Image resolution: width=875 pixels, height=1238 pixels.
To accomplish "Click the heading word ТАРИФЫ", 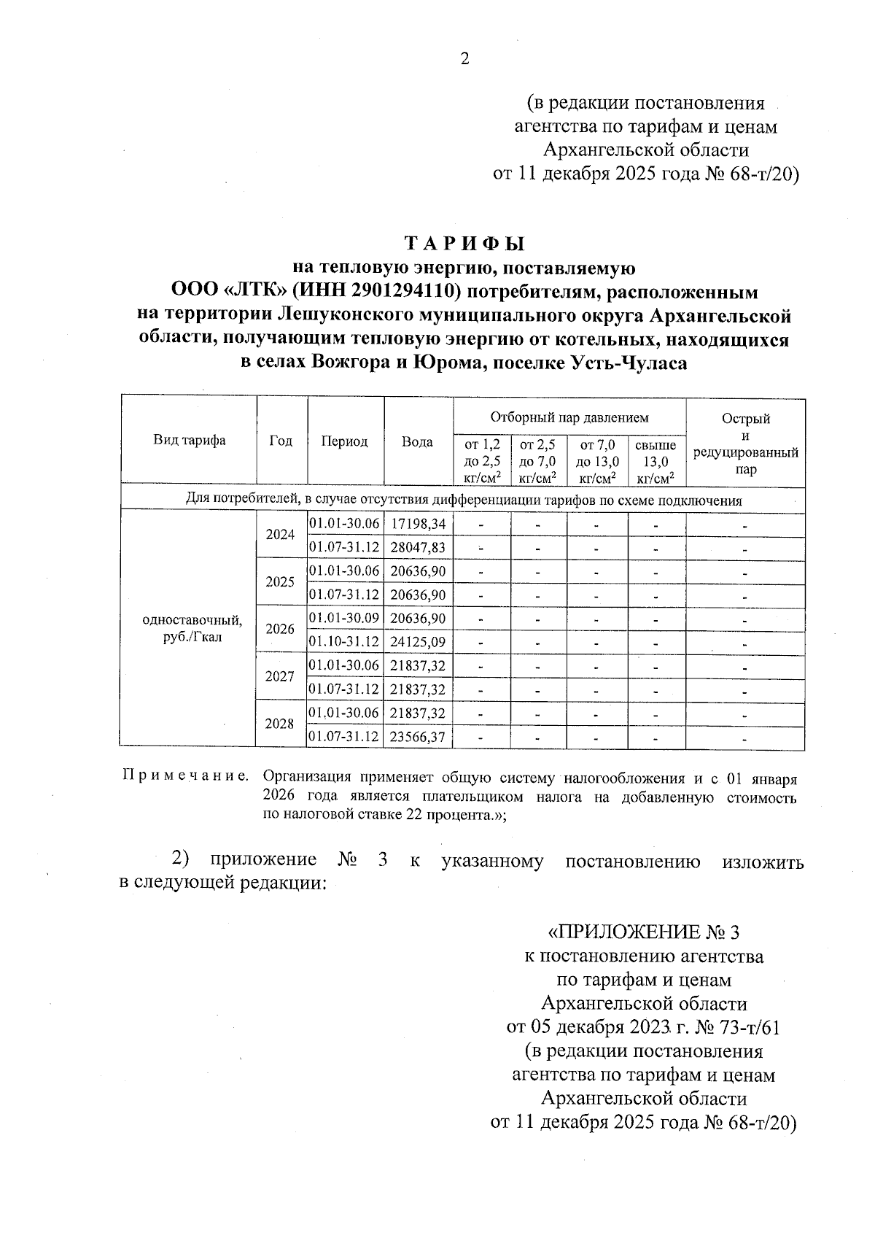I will pyautogui.click(x=464, y=243).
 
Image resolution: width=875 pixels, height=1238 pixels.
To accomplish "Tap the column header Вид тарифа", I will pyautogui.click(x=189, y=440).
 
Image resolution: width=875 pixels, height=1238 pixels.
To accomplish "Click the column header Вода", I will pyautogui.click(x=417, y=441).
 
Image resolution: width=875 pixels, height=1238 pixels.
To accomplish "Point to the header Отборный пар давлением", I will pyautogui.click(x=569, y=417).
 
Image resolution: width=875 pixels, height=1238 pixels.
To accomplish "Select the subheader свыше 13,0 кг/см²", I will pyautogui.click(x=656, y=461).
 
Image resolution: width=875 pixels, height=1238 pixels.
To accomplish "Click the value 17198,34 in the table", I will pyautogui.click(x=418, y=524).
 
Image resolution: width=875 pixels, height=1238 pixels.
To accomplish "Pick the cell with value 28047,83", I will pyautogui.click(x=418, y=547).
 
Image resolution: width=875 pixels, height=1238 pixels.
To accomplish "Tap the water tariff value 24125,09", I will pyautogui.click(x=418, y=642).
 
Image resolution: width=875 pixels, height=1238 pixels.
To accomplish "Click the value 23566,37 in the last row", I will pyautogui.click(x=418, y=737).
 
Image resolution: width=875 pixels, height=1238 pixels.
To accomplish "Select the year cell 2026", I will pyautogui.click(x=280, y=629).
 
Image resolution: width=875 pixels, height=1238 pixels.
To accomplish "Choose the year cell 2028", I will pyautogui.click(x=280, y=724).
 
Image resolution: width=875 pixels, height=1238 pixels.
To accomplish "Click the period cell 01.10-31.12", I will pyautogui.click(x=344, y=642).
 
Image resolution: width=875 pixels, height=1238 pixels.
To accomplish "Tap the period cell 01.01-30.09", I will pyautogui.click(x=344, y=619).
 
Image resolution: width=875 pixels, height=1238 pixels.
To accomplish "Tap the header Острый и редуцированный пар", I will pyautogui.click(x=745, y=444).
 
